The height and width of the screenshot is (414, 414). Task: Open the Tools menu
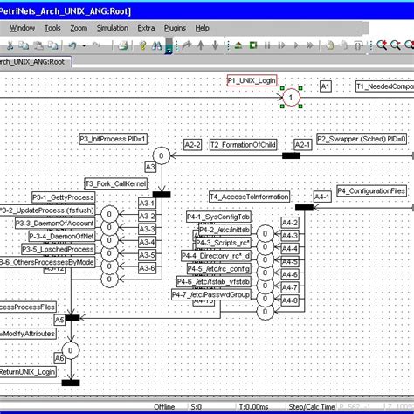[52, 28]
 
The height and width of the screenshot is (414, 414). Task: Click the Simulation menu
[112, 28]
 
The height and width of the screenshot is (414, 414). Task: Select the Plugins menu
[175, 28]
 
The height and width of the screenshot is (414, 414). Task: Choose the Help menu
[202, 28]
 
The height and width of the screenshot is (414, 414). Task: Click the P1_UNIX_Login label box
[252, 80]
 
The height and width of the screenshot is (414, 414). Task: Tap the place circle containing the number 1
[288, 99]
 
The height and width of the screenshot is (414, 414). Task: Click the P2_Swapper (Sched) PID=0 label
[362, 139]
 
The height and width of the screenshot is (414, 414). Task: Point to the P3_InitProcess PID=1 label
[113, 139]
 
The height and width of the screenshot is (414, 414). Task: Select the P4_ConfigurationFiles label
[371, 190]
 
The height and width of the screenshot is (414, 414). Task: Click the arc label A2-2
[192, 144]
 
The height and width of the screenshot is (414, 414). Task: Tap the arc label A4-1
[321, 197]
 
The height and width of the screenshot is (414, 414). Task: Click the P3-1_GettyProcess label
[64, 197]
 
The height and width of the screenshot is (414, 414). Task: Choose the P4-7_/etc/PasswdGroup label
[217, 294]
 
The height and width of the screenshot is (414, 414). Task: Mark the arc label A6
[59, 358]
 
